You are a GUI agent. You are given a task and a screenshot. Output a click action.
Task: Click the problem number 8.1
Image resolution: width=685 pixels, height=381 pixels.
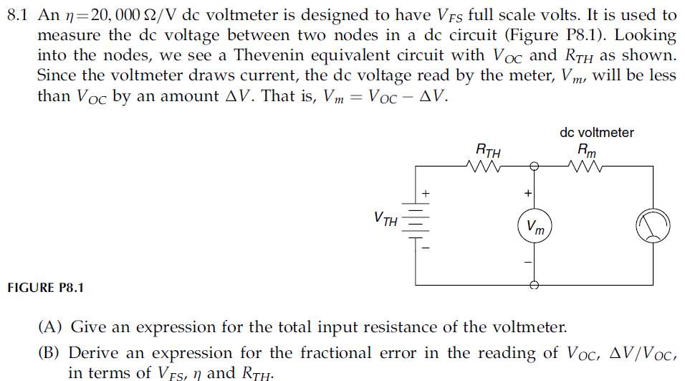[x=16, y=15]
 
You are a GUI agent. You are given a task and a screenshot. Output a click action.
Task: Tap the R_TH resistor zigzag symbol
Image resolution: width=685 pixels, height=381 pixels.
[x=488, y=166]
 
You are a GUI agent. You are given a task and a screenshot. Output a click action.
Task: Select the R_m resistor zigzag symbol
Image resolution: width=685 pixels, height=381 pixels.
[x=586, y=166]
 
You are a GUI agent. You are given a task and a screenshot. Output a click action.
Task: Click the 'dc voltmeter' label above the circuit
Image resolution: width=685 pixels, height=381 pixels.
[x=596, y=132]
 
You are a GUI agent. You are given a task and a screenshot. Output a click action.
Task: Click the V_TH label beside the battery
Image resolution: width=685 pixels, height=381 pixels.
[x=385, y=218]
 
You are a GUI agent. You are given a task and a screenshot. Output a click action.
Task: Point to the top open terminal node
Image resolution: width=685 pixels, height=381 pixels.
[x=533, y=166]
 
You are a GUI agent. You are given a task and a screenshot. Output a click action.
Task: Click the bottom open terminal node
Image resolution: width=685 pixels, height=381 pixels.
[x=533, y=285]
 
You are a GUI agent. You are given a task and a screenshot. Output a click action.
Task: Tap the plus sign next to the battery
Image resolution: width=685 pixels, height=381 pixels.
[x=426, y=193]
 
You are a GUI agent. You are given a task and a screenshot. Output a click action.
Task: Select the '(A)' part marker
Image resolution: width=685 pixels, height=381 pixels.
[x=51, y=328]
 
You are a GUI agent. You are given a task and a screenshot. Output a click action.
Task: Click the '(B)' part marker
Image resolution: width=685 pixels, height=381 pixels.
[x=51, y=353]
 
